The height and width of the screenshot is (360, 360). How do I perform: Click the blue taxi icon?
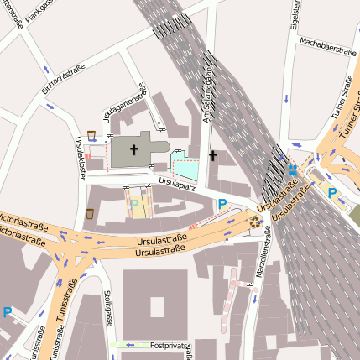pyautogui.click(x=292, y=170)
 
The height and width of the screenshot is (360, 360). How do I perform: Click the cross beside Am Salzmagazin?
pyautogui.click(x=213, y=155)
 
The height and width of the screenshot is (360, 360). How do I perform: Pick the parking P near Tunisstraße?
pyautogui.click(x=8, y=312)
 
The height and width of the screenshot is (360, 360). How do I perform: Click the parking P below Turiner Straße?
pyautogui.click(x=332, y=193)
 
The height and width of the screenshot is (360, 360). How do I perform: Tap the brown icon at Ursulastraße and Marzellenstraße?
pyautogui.click(x=255, y=222)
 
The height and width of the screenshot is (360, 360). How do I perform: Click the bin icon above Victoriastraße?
pyautogui.click(x=90, y=213)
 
